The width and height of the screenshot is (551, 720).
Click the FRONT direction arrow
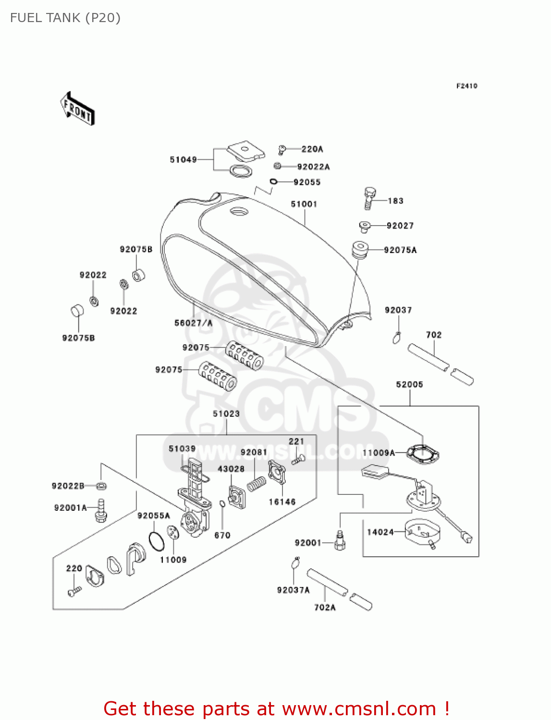tap(78, 109)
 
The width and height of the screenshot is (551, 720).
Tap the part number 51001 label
tap(304, 204)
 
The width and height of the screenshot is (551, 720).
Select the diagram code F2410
tap(466, 86)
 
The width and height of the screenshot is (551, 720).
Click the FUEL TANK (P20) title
tap(65, 18)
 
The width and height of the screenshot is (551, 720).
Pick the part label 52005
tap(409, 384)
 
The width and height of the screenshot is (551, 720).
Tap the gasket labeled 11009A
tap(423, 454)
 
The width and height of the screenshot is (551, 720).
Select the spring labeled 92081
tap(257, 483)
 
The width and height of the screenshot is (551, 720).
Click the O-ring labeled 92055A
tap(156, 541)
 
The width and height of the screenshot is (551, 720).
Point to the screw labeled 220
tap(73, 592)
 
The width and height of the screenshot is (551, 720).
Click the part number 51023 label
tap(226, 414)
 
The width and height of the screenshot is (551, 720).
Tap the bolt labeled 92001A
tap(101, 510)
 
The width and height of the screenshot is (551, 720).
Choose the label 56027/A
tap(193, 323)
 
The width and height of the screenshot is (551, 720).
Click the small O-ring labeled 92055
tap(273, 181)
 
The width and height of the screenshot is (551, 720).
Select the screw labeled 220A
tap(282, 149)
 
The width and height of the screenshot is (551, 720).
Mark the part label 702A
tap(325, 607)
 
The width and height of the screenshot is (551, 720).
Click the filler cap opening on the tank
tap(239, 211)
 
